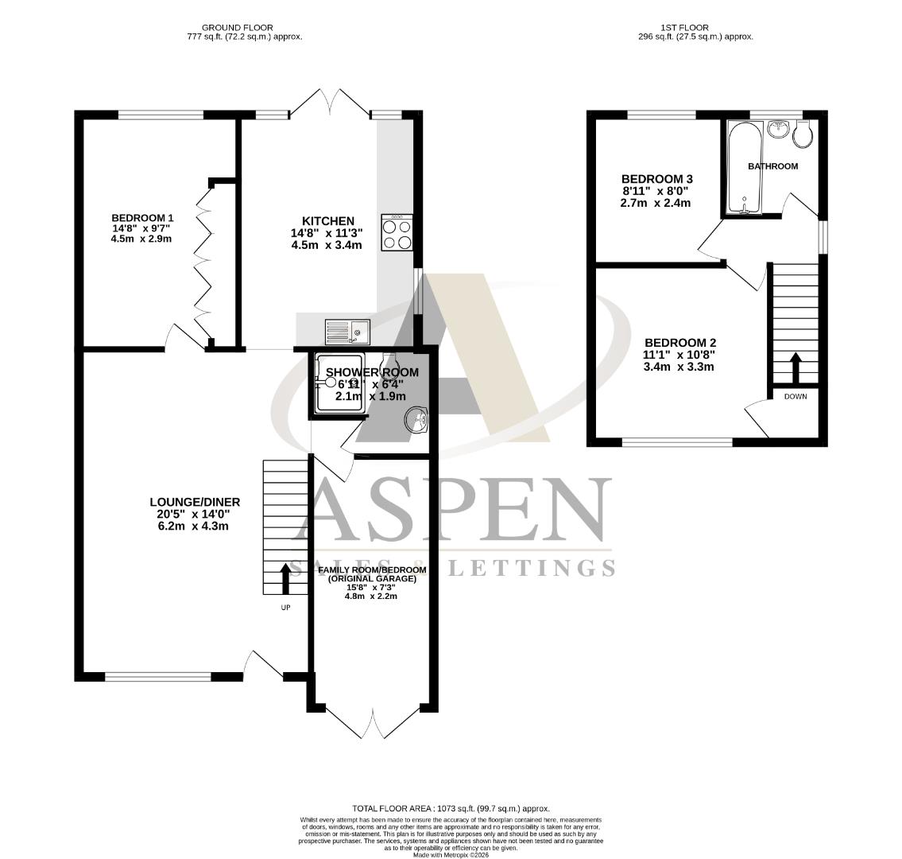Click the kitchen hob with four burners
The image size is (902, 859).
pos(397,232)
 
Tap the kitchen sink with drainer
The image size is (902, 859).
pos(347,328)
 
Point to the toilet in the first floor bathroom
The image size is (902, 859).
pos(803,134)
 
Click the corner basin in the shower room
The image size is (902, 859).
pos(416,420)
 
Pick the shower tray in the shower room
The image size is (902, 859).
pos(340,383)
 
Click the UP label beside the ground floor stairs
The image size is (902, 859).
pos(285,608)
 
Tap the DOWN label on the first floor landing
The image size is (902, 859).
pos(796,396)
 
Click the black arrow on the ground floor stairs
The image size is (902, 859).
pos(285,578)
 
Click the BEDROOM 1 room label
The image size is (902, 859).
pos(142,218)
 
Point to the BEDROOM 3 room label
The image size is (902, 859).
pos(652,179)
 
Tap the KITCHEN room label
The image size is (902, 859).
pos(327,221)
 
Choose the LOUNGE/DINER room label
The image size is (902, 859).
pos(195,502)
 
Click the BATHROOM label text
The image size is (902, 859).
pos(772,166)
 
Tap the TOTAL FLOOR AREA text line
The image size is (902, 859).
pos(451,808)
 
